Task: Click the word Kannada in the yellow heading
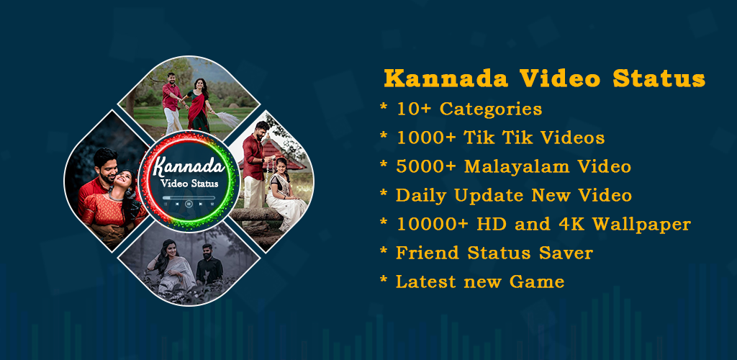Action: tap(446, 78)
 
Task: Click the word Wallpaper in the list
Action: tap(641, 225)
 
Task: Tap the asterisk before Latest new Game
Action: tap(384, 279)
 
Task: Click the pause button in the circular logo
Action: tap(189, 204)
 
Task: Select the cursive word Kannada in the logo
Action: tap(189, 167)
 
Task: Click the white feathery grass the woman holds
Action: tap(227, 118)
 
